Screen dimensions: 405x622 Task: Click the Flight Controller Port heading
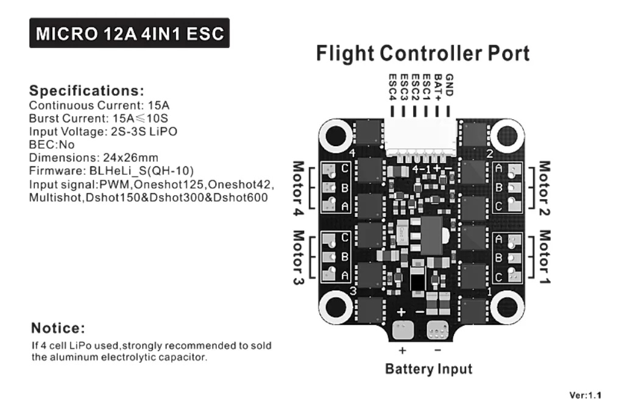pyautogui.click(x=423, y=54)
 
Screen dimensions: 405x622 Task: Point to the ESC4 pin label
pyautogui.click(x=392, y=86)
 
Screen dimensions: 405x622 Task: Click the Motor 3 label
pyautogui.click(x=299, y=259)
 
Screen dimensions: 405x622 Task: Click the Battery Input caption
pyautogui.click(x=429, y=369)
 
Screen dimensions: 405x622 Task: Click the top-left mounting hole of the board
pyautogui.click(x=336, y=135)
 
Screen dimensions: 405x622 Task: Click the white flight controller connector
pyautogui.click(x=420, y=138)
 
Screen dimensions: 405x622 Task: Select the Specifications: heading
pyautogui.click(x=87, y=91)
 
